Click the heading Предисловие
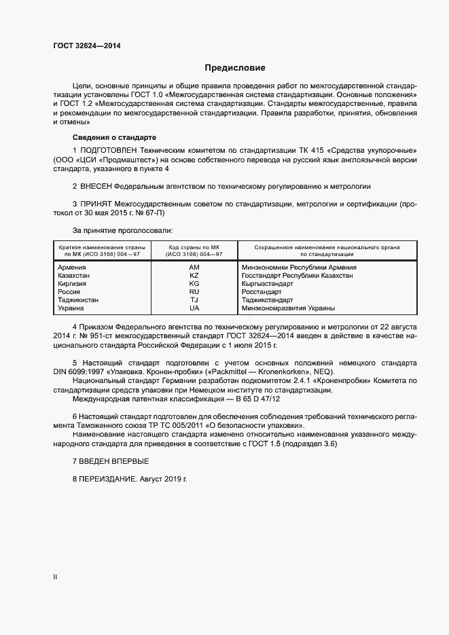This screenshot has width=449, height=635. tap(235, 68)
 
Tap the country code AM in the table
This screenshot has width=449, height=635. tap(194, 268)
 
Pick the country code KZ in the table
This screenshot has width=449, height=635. tap(194, 276)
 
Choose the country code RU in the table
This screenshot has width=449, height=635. tap(194, 292)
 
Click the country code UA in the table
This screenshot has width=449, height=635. tap(194, 308)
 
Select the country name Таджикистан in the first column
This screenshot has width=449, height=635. tap(79, 300)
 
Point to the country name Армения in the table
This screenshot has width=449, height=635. tap(73, 268)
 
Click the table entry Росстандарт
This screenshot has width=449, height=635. tap(263, 292)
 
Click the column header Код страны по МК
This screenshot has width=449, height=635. tap(194, 248)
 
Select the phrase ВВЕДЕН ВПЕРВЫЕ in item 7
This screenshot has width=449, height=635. tap(114, 462)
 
